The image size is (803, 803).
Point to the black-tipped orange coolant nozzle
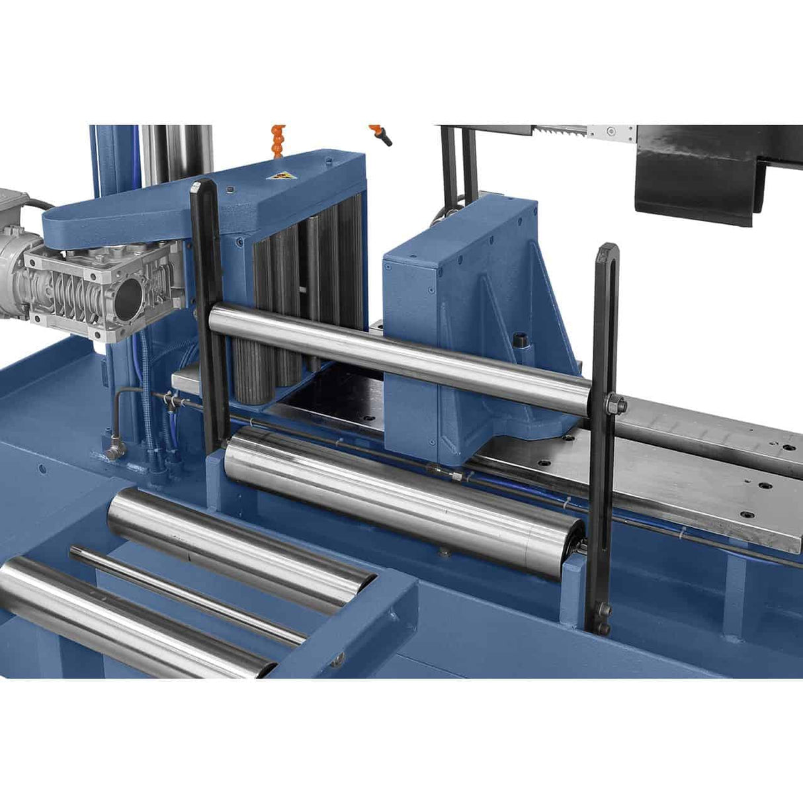(381, 134)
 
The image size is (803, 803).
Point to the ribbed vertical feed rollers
(298, 291)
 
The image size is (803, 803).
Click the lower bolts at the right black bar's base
(601, 618)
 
